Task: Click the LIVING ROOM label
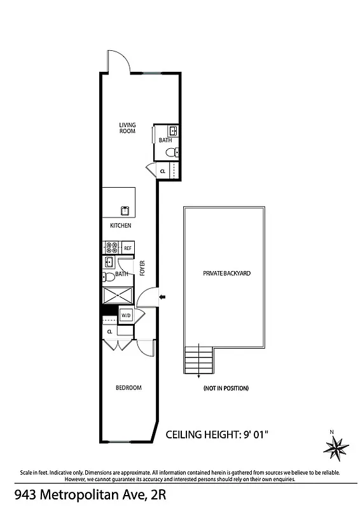pyautogui.click(x=128, y=127)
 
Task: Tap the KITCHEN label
pyautogui.click(x=121, y=226)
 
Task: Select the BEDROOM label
pyautogui.click(x=128, y=387)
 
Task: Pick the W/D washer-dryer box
pyautogui.click(x=126, y=316)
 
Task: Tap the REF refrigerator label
pyautogui.click(x=127, y=248)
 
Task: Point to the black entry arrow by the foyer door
pyautogui.click(x=162, y=296)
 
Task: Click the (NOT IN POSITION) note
pyautogui.click(x=226, y=388)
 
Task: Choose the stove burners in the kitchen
pyautogui.click(x=111, y=248)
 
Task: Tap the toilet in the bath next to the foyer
pyautogui.click(x=109, y=276)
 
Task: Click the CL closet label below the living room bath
pyautogui.click(x=163, y=171)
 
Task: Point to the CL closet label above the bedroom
pyautogui.click(x=110, y=331)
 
